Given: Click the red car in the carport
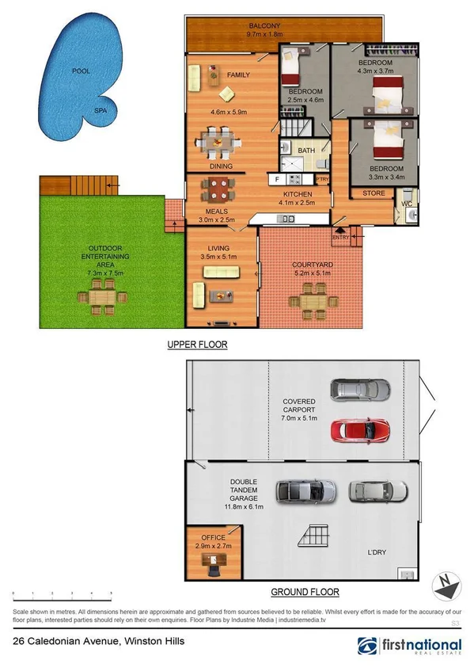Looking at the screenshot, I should [360, 430].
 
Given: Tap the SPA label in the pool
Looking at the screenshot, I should [100, 111].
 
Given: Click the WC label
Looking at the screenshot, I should [407, 204].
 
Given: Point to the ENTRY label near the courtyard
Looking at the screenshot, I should [340, 236].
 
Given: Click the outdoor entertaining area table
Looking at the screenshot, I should [103, 299].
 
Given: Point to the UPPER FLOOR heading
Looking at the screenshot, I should [197, 345].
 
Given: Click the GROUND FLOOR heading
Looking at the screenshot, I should [305, 592].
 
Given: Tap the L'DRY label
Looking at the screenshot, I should [377, 552].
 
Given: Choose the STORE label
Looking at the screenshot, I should [374, 193].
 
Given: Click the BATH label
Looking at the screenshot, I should [306, 150].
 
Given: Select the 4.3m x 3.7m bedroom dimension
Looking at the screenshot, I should [375, 72].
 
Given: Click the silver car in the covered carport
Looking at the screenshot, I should [360, 389].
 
